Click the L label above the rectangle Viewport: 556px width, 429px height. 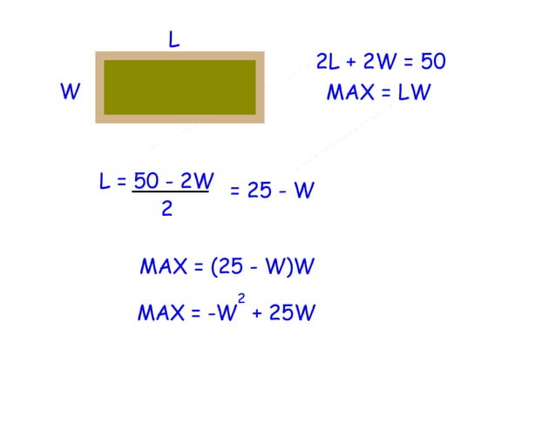173,39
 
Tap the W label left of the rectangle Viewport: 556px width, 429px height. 71,91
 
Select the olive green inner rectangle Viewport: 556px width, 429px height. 180,87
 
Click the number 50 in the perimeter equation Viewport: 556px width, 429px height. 433,61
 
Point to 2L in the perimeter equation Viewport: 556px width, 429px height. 328,61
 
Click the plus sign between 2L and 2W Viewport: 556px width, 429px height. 351,63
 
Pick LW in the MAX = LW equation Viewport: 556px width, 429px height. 414,92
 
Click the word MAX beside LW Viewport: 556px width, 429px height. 350,92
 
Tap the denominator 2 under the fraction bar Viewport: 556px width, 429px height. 167,208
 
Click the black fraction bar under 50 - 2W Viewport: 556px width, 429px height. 170,191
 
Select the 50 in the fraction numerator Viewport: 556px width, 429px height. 146,180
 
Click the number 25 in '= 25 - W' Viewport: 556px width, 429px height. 260,190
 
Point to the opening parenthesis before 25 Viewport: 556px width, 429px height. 214,266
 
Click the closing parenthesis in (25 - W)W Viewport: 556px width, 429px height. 291,266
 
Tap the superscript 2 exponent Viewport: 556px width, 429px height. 241,298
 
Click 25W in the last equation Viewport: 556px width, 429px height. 292,312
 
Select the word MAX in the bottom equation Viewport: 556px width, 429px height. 161,312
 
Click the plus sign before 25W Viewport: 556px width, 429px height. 257,313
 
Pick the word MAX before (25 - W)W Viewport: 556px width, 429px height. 164,266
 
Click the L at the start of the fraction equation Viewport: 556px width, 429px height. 105,181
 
